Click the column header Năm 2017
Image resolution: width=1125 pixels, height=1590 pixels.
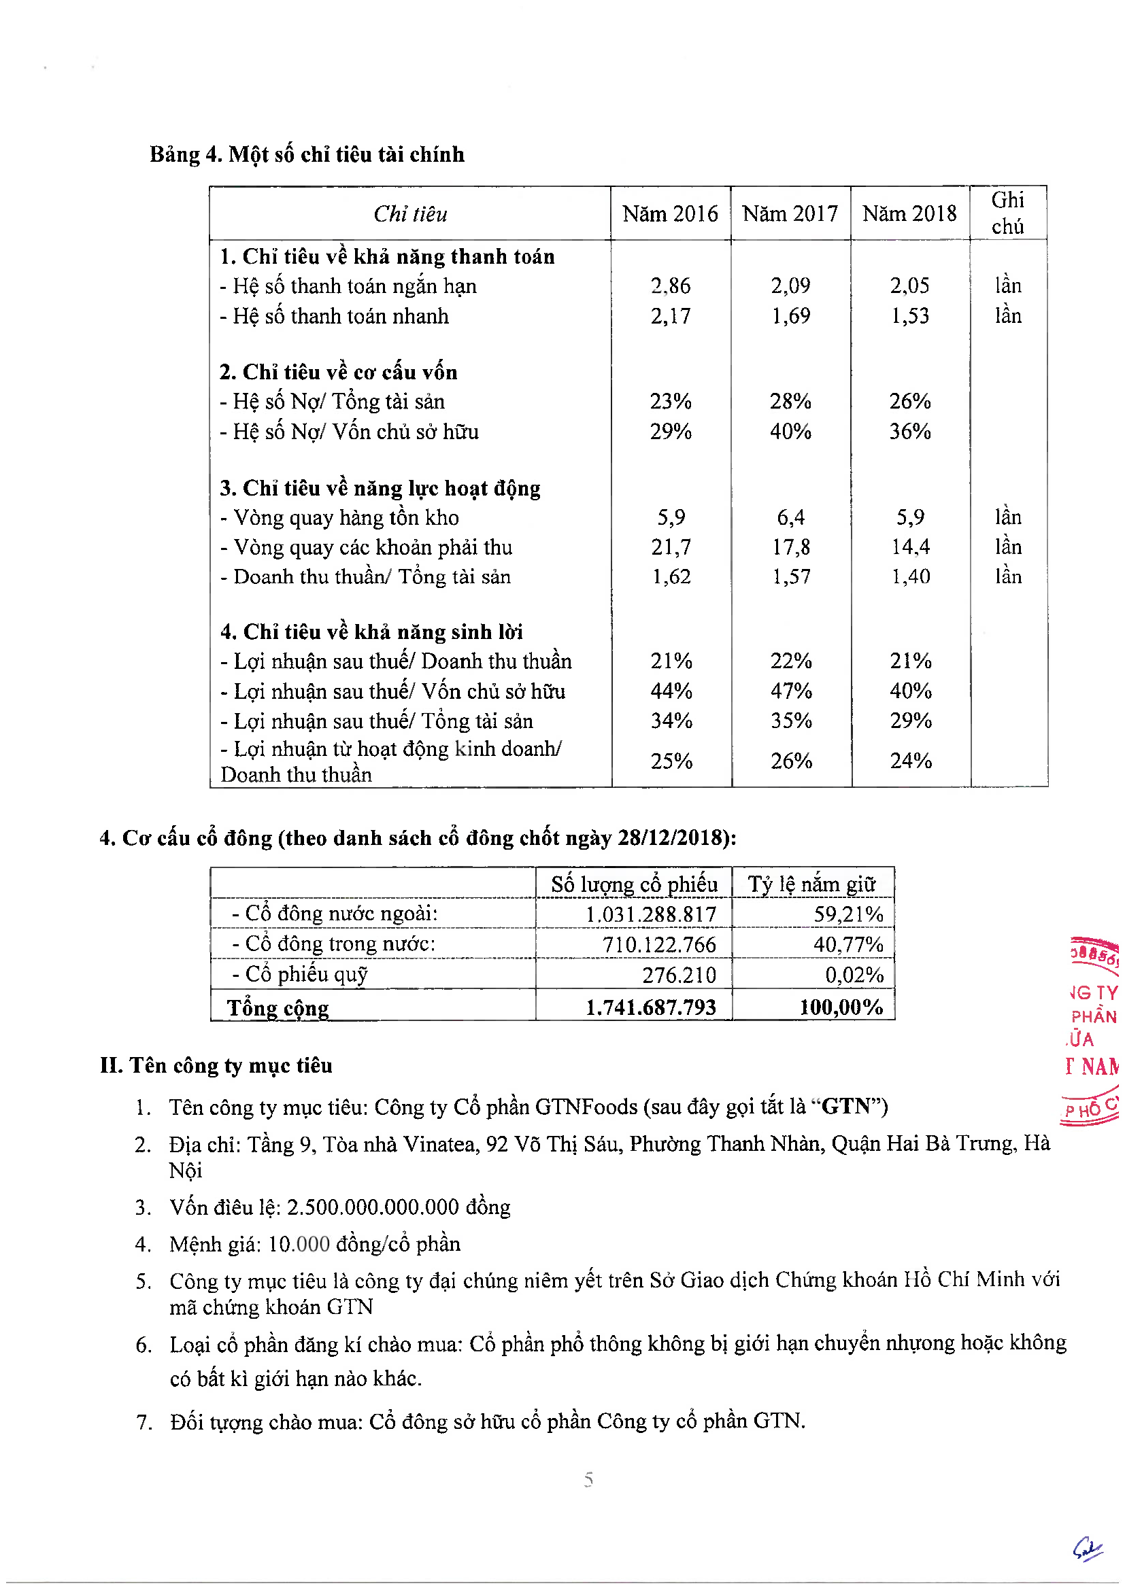pos(790,213)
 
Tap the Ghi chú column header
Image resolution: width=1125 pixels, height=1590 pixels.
pos(1007,213)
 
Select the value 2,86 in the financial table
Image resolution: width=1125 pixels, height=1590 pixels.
pos(670,286)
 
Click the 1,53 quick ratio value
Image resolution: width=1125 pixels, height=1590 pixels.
pos(909,316)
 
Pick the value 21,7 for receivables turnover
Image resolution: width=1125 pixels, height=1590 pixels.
pos(671,547)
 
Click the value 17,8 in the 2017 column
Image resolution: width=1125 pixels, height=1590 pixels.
pos(790,547)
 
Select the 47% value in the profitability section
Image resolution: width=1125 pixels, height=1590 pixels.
pos(790,691)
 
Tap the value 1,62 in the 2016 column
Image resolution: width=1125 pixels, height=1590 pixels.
pos(671,576)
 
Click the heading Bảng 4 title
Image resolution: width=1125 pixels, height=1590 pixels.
pos(306,154)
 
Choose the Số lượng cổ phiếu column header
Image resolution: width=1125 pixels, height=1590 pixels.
pos(634,884)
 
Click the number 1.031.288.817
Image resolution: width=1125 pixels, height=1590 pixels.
pos(650,914)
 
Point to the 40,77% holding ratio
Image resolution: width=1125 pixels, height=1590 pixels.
pos(848,944)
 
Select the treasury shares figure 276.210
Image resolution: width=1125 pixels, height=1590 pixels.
pos(678,974)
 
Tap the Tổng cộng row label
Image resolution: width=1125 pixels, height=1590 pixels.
pos(278,1007)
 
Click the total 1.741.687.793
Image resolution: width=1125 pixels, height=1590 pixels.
pos(650,1007)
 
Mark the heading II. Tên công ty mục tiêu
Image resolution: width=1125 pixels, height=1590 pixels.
pos(216,1065)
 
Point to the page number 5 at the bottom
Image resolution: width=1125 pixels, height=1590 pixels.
pos(588,1479)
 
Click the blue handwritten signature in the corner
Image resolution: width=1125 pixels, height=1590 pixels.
pos(1087,1549)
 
